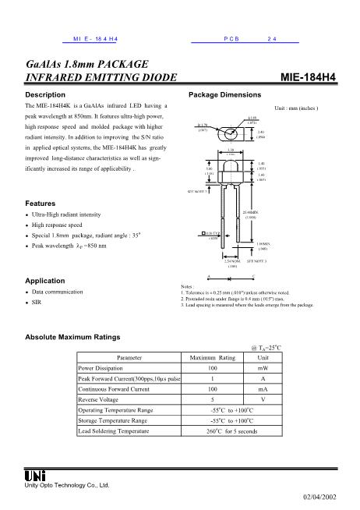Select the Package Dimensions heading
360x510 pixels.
point(224,94)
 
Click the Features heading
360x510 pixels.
point(41,202)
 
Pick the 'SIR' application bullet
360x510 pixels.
point(37,301)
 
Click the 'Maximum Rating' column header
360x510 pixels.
point(213,357)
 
